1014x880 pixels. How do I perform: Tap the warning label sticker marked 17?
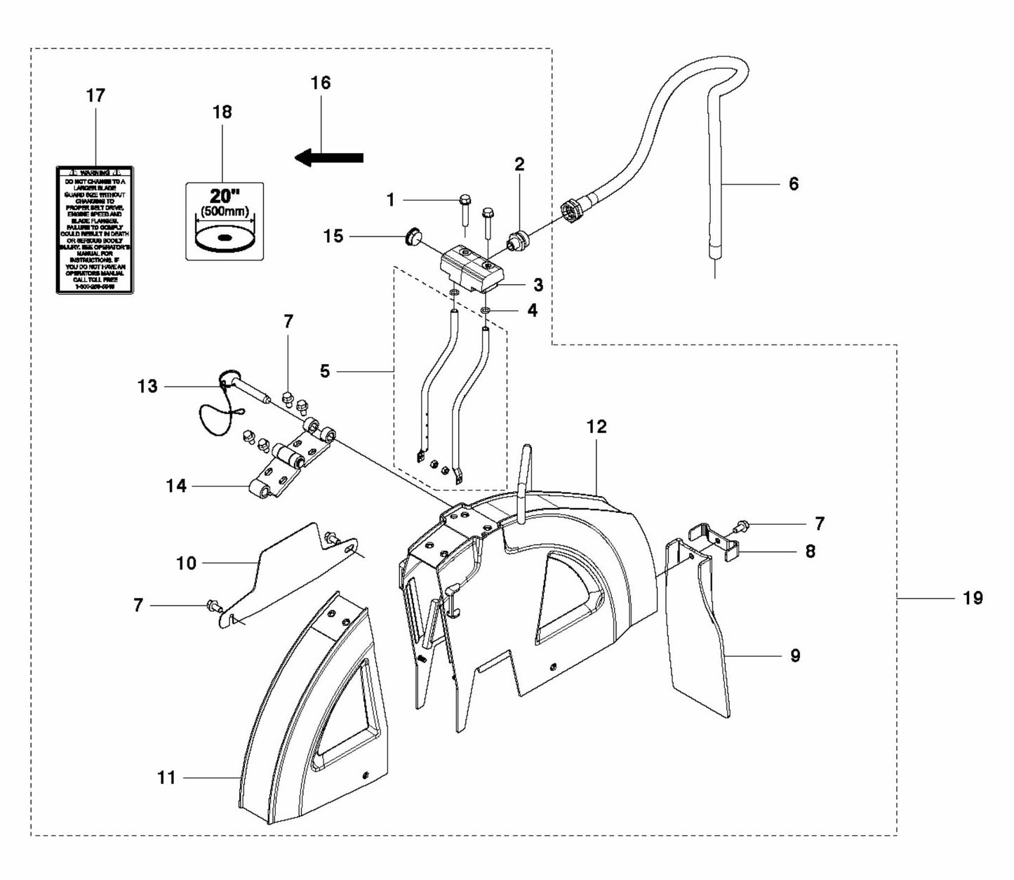[95, 229]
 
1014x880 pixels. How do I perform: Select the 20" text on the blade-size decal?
[225, 196]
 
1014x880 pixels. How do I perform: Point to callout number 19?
[972, 599]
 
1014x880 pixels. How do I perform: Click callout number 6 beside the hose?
[794, 184]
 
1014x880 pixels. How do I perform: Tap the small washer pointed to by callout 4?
[486, 309]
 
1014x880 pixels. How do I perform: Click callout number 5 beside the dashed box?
[324, 371]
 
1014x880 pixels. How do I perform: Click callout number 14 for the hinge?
[176, 485]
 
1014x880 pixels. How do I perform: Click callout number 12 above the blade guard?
[596, 427]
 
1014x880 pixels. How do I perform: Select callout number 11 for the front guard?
[167, 778]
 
